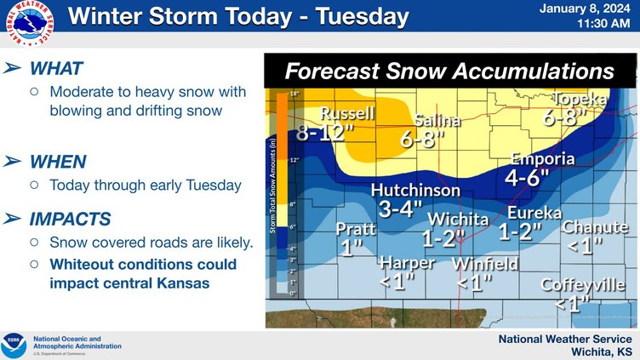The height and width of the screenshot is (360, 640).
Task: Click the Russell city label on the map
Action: tap(347, 114)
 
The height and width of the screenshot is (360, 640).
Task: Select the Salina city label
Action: tap(437, 121)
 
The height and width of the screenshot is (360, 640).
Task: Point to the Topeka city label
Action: tap(580, 100)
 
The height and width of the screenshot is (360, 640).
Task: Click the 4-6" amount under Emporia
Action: tap(527, 179)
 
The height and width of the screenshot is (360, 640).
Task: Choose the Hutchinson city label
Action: tap(415, 191)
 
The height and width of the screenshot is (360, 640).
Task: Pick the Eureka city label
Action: tap(534, 212)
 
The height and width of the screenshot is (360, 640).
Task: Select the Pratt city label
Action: tap(355, 229)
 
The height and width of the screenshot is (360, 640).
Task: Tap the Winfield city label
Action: tap(485, 264)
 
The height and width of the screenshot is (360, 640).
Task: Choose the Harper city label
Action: tap(407, 262)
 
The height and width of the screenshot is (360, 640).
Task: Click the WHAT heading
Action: tap(56, 67)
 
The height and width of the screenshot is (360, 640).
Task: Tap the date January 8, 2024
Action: tap(586, 9)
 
